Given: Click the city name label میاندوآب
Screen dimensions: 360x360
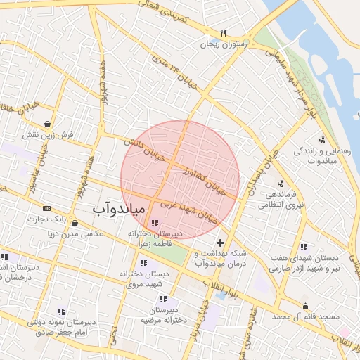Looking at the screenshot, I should pyautogui.click(x=119, y=209).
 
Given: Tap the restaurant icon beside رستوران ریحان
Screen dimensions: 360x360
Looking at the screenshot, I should pyautogui.click(x=224, y=33).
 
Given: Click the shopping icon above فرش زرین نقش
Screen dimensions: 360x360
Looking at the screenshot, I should pyautogui.click(x=46, y=123).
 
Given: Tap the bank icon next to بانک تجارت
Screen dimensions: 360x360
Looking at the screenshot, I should pyautogui.click(x=47, y=208).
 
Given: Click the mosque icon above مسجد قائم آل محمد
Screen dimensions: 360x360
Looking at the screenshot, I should pyautogui.click(x=305, y=306).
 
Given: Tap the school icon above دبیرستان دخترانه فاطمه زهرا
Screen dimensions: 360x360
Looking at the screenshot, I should pyautogui.click(x=155, y=223).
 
